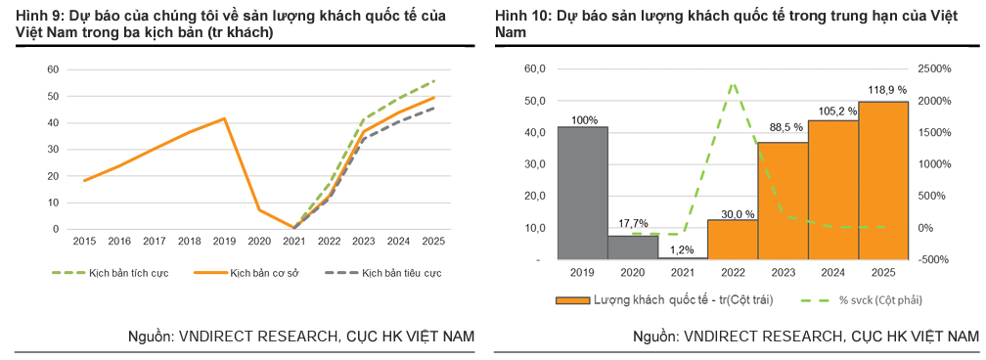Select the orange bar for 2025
882,180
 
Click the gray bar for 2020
632,247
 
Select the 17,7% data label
633,223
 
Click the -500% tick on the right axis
934,260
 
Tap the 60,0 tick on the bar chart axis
535,69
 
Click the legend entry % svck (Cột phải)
869,300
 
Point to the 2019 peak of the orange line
225,118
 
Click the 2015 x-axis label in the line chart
85,240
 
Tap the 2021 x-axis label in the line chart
294,240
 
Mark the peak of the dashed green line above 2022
733,84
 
